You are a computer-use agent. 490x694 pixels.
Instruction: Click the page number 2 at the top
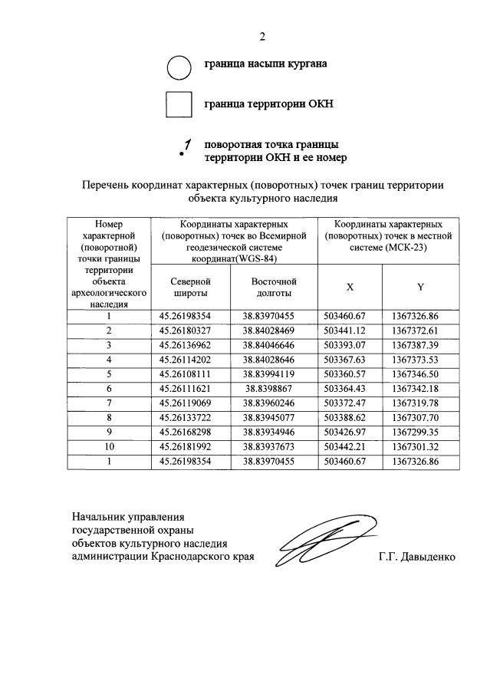(262, 36)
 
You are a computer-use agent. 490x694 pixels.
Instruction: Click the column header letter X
(350, 287)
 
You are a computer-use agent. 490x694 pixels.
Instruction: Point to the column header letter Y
(420, 287)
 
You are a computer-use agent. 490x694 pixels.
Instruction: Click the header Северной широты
(189, 287)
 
